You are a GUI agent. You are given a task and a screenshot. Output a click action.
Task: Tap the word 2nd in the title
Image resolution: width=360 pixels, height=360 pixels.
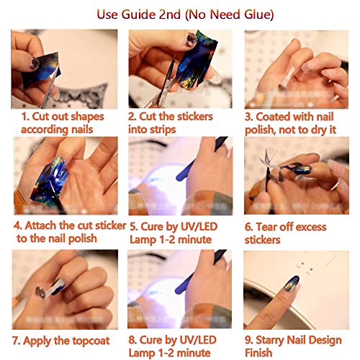170,14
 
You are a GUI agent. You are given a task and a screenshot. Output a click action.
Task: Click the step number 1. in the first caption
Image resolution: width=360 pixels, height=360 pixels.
25,117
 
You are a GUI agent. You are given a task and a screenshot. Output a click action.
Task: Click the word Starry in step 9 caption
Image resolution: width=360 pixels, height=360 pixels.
270,341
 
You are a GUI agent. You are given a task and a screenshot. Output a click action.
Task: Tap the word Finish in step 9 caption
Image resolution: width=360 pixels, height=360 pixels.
258,353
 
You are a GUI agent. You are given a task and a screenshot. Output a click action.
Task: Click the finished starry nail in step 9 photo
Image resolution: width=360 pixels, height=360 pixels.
291,284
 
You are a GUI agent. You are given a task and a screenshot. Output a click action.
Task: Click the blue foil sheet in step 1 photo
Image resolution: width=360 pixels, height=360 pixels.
41,70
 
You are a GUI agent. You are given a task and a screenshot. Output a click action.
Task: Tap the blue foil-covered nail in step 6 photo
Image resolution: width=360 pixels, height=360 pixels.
303,170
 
